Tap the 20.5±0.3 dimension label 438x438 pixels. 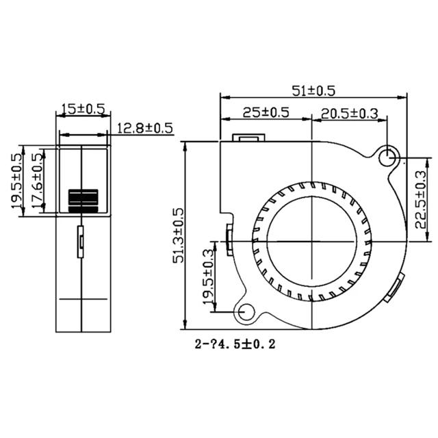click(x=350, y=114)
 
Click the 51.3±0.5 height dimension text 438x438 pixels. click(x=178, y=235)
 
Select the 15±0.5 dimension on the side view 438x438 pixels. click(x=82, y=109)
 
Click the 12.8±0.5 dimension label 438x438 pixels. click(x=144, y=128)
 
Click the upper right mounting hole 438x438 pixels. click(x=389, y=156)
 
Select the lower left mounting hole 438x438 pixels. click(x=243, y=313)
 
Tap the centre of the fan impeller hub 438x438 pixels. click(x=311, y=240)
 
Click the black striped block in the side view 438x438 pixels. click(x=82, y=199)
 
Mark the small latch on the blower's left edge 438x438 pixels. click(x=228, y=237)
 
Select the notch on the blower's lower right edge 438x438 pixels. click(x=394, y=288)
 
